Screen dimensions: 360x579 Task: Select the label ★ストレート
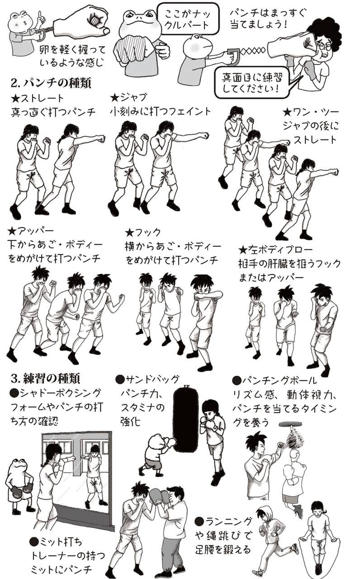coord(39,98)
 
